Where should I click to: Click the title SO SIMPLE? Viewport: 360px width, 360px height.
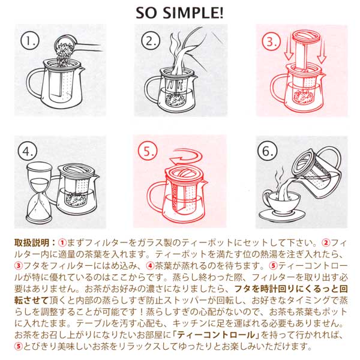[x=179, y=13]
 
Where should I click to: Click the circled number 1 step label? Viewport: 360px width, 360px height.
[x=30, y=41]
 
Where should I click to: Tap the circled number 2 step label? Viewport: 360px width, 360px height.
[x=151, y=41]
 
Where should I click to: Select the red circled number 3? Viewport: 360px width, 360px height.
[x=271, y=41]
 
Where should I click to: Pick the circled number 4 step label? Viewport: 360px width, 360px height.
[x=28, y=152]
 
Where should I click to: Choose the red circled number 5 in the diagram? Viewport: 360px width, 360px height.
[x=148, y=151]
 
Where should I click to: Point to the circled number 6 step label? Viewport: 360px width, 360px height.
[x=268, y=152]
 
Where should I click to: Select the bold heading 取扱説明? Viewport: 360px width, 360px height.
[x=32, y=243]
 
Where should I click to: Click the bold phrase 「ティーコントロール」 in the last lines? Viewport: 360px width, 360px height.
[x=215, y=335]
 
